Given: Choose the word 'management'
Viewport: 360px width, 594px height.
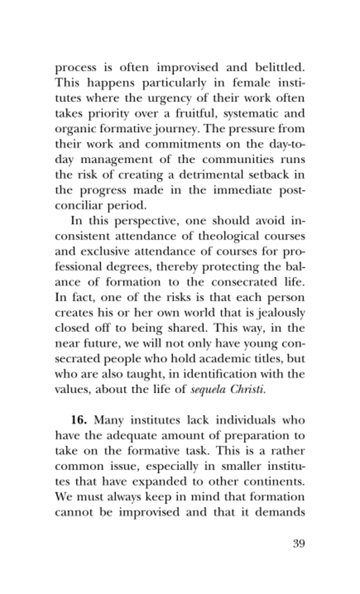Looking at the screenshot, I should [x=116, y=160].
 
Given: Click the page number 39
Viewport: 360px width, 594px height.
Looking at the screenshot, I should [x=298, y=544].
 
